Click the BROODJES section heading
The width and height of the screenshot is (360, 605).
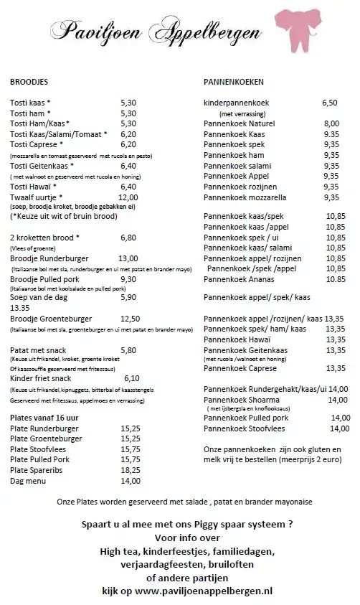tap(29, 83)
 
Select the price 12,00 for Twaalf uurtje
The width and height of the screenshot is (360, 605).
tap(128, 197)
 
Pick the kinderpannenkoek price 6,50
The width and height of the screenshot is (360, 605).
tap(329, 103)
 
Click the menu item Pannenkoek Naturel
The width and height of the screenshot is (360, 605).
tap(241, 123)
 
